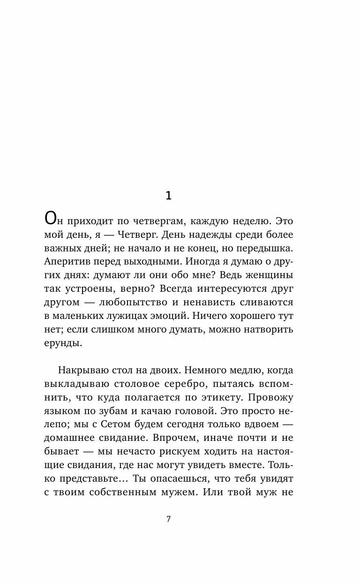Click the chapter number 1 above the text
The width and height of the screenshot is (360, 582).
tap(169, 196)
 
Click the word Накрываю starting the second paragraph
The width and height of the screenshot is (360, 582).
tap(83, 370)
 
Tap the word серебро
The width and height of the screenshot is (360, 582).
tap(180, 385)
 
